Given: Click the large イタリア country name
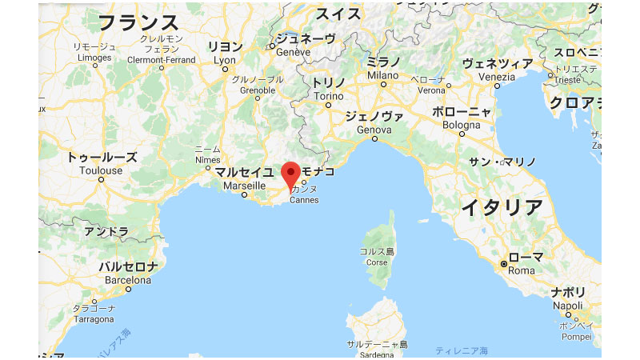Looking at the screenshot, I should [x=502, y=206].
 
